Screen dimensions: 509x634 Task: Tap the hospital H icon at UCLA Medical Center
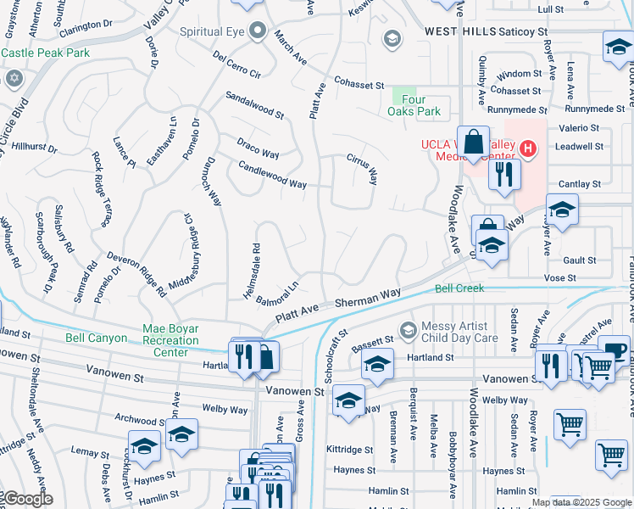[528, 150]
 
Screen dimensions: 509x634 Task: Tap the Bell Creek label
[459, 288]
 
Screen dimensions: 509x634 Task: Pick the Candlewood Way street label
[272, 173]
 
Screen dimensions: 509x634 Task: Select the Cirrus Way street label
[360, 170]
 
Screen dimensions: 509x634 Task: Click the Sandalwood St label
[254, 105]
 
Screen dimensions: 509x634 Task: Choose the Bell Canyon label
[96, 338]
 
